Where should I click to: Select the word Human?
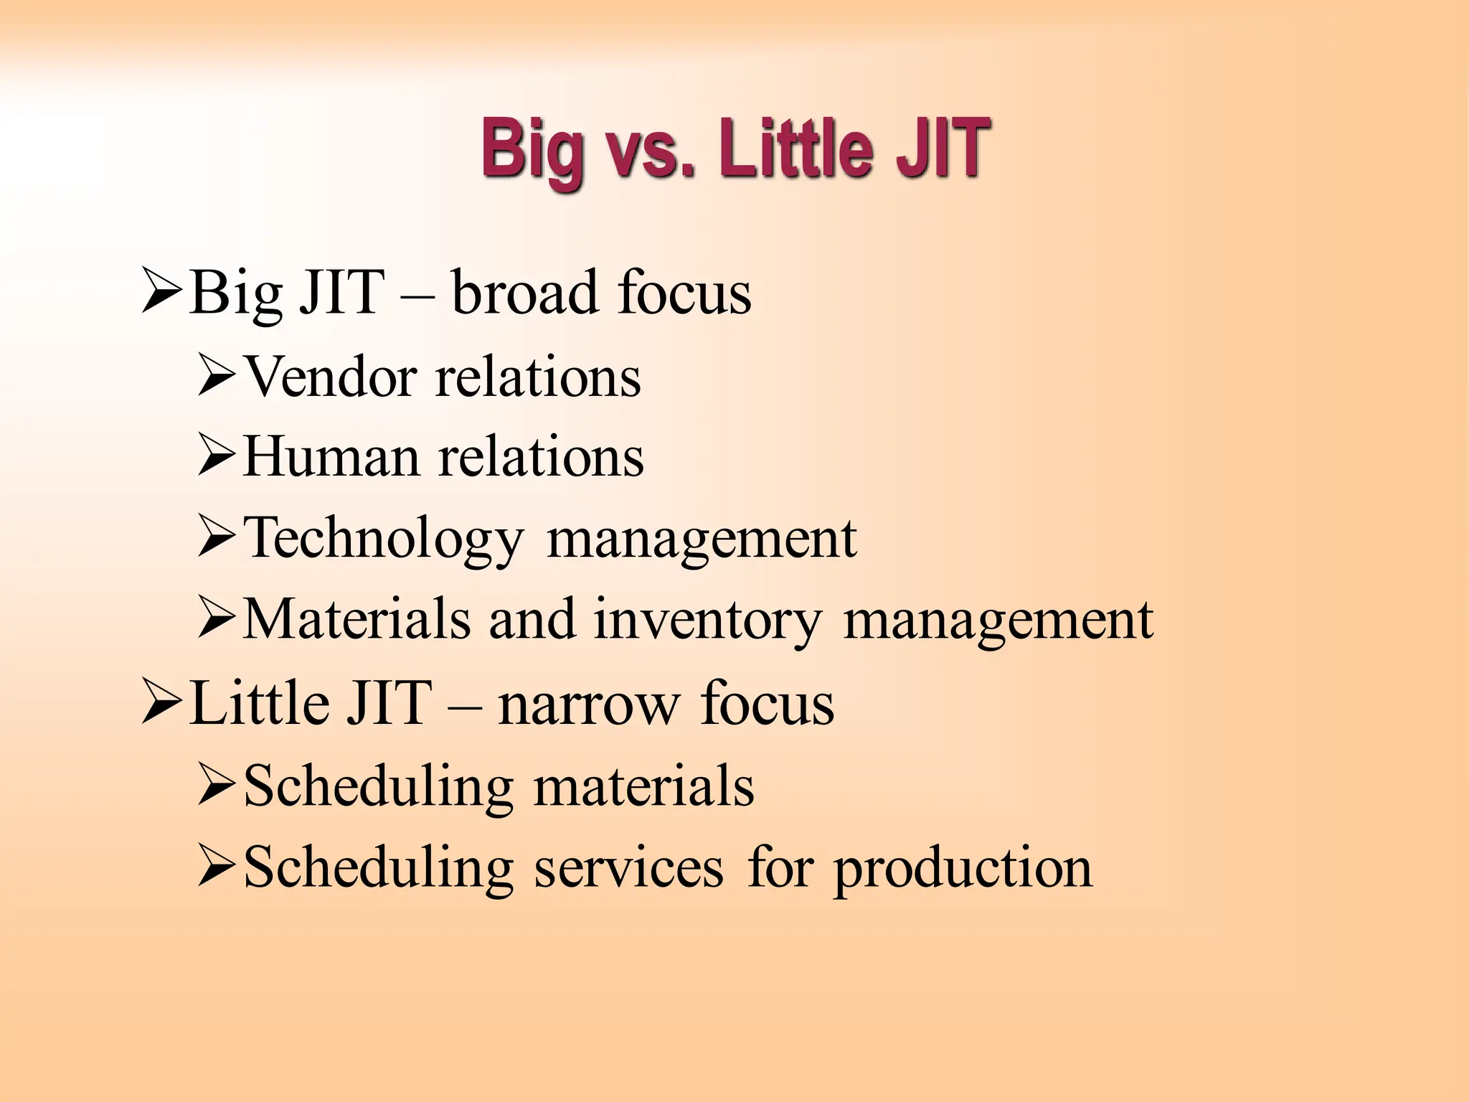(x=331, y=457)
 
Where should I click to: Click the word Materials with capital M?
(x=356, y=619)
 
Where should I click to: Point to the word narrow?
(x=587, y=704)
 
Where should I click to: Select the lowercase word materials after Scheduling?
(x=643, y=786)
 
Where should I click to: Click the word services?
(x=628, y=867)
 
